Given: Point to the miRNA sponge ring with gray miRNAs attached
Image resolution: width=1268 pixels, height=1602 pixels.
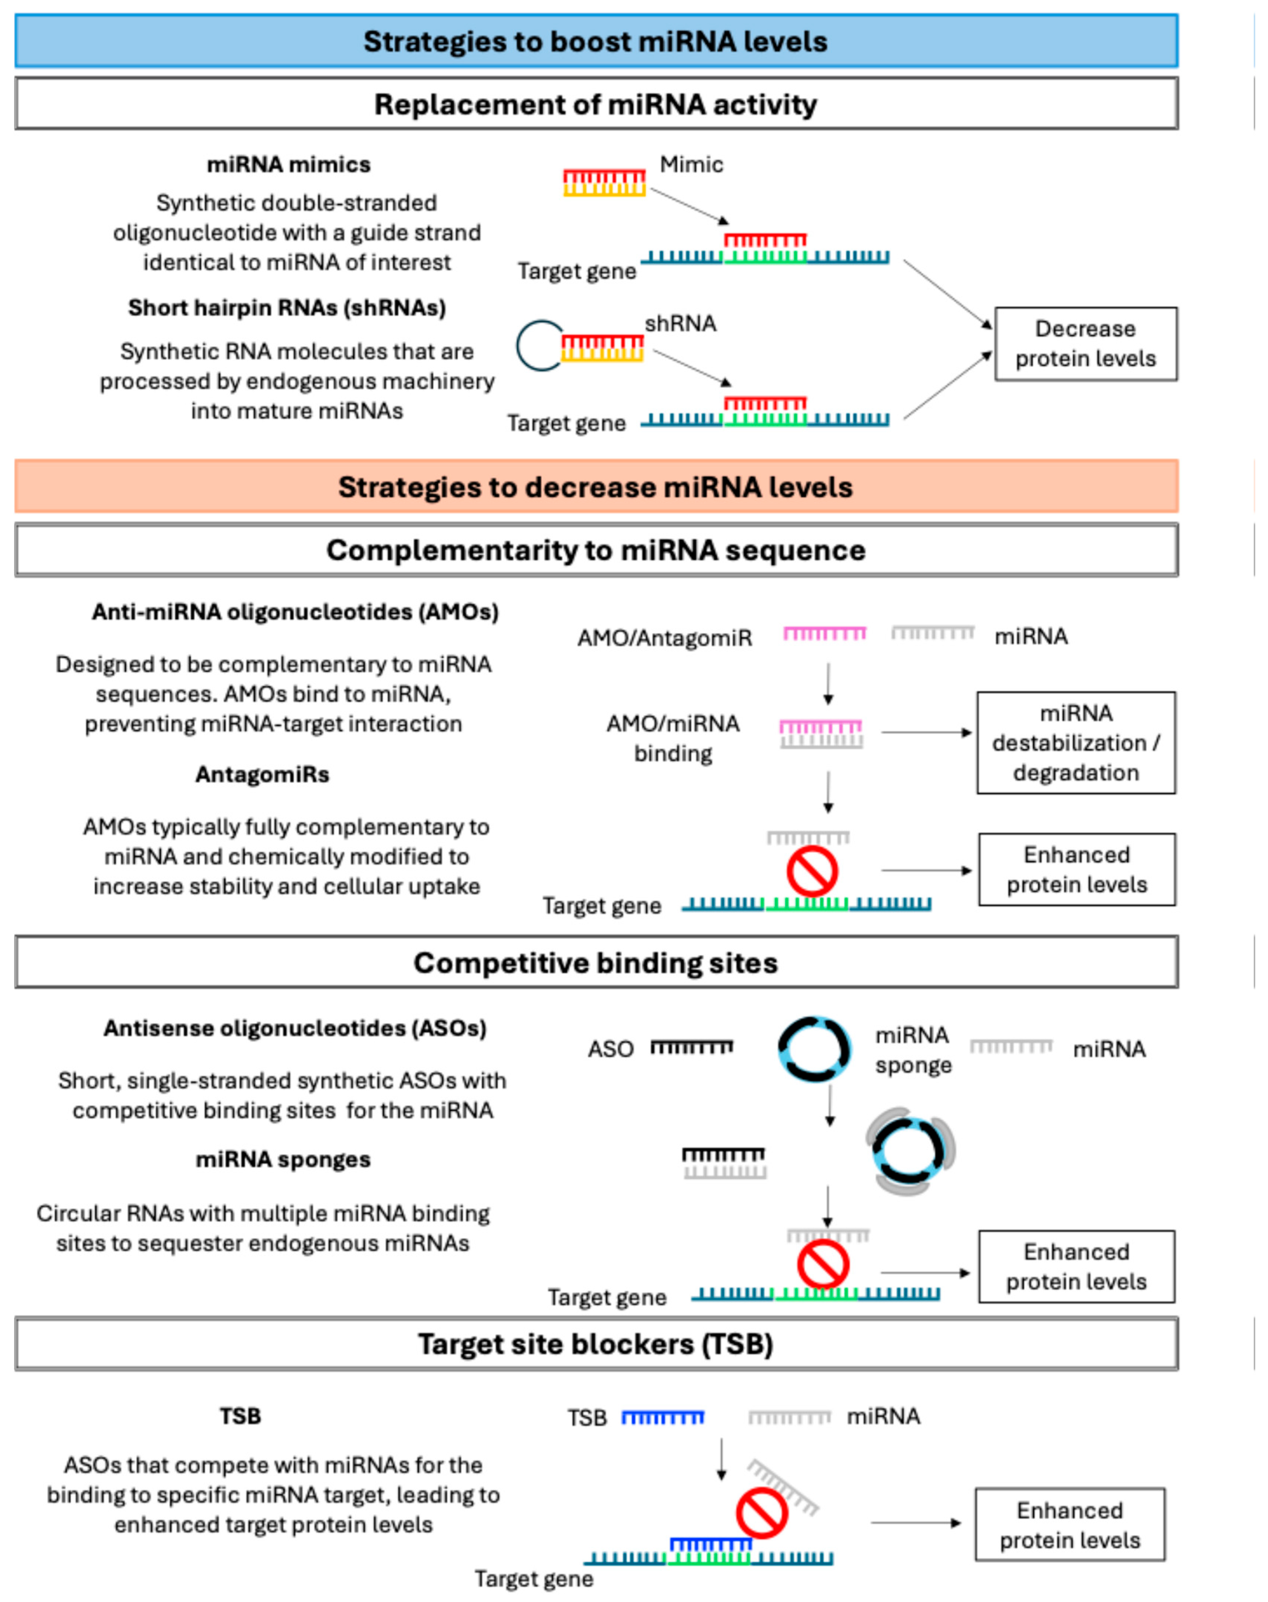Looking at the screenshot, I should coord(910,1152).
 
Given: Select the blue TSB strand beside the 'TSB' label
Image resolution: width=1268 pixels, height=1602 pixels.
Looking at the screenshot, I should coord(663,1418).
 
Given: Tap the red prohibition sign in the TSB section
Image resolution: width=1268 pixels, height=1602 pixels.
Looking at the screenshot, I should coord(762,1515).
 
